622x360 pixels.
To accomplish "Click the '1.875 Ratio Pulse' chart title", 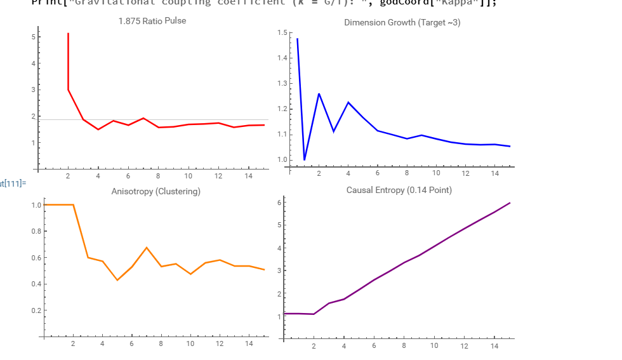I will [152, 21].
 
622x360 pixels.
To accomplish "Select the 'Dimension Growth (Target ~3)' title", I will [402, 22].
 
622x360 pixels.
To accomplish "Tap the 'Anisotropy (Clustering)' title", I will [155, 191].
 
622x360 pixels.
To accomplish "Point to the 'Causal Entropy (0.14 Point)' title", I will [399, 190].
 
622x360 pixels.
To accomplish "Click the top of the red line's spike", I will [68, 34].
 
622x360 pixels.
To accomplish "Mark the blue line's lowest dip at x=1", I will [305, 159].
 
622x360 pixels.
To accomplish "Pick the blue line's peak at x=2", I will [319, 94].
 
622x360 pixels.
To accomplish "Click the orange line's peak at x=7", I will [147, 248].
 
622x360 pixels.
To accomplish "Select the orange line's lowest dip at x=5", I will [117, 280].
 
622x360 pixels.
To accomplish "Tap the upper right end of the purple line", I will [510, 203].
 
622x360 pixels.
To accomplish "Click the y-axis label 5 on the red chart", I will [32, 37].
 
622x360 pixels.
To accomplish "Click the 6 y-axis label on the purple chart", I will [278, 202].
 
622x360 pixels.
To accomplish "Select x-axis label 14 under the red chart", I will [249, 176].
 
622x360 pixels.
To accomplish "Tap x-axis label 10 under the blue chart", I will [436, 173].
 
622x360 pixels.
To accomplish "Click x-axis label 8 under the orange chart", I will [161, 343].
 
